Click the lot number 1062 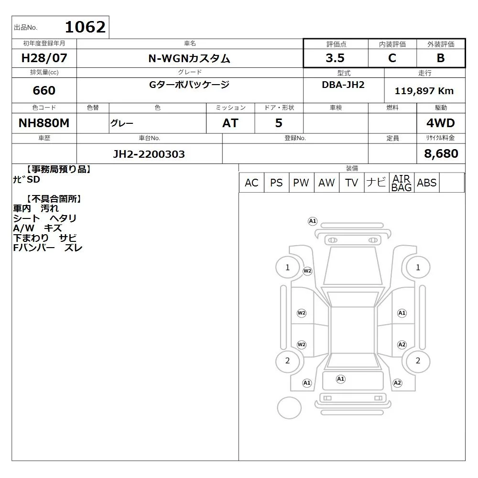[x=86, y=27]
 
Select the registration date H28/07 [x=44, y=58]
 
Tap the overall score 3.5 [x=335, y=58]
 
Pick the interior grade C [x=392, y=58]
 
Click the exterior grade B [x=441, y=58]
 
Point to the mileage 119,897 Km [x=424, y=91]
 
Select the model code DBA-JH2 [x=343, y=85]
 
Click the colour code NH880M [x=44, y=123]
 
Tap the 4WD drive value [x=441, y=123]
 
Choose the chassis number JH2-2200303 [x=149, y=154]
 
